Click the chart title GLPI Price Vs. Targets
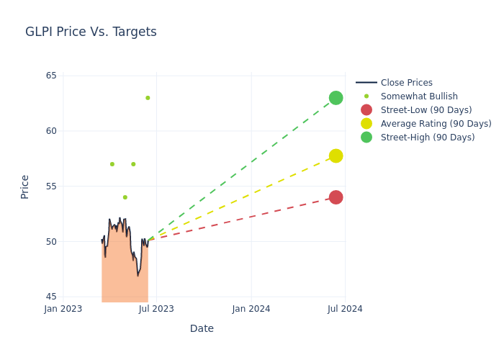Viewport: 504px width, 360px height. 91,32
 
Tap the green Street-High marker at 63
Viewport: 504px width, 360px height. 336,98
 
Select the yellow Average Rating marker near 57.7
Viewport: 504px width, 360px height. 336,156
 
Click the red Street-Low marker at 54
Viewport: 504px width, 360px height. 336,197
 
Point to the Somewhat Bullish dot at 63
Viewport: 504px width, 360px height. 148,98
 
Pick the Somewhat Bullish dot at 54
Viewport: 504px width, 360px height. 125,197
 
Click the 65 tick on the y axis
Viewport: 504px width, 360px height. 51,76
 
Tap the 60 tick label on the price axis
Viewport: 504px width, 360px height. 51,131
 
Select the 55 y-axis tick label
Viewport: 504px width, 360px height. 51,186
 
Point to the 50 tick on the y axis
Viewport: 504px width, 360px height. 51,241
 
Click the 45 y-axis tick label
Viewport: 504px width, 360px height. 51,297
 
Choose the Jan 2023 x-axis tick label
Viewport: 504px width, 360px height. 63,309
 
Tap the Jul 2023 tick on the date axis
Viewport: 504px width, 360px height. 156,309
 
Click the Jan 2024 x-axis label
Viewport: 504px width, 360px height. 251,309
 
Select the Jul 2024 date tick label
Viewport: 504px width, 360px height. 345,309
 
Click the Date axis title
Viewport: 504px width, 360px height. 202,328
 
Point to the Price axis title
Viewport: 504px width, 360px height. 25,186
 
